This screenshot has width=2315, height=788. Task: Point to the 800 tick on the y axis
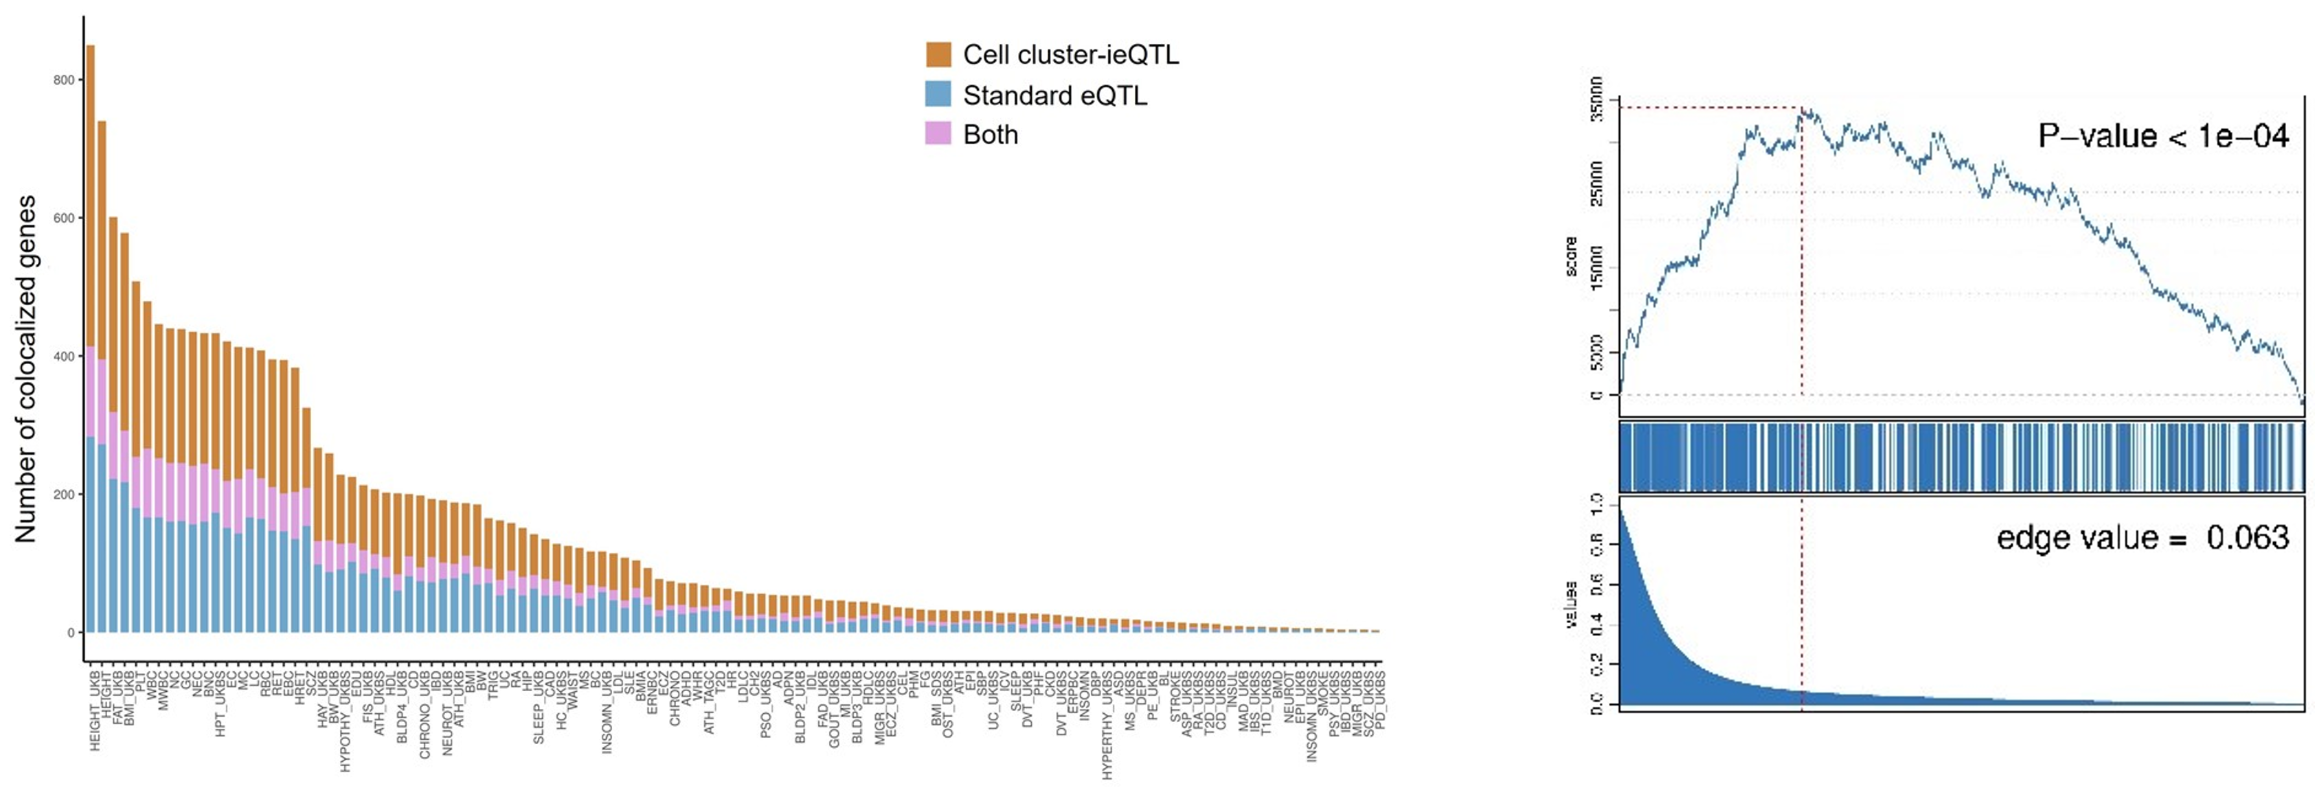[x=65, y=80]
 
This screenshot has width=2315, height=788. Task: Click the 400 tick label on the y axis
[x=65, y=357]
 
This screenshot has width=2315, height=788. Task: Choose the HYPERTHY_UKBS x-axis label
[x=1107, y=724]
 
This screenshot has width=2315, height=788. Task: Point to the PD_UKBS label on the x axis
[x=1379, y=700]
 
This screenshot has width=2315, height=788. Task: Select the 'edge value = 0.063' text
[x=2142, y=537]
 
